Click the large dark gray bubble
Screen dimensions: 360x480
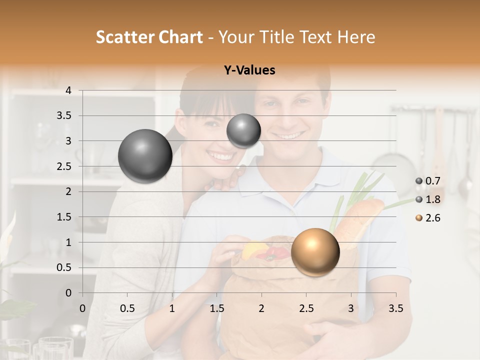pyautogui.click(x=145, y=156)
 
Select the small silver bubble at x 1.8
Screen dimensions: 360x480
pyautogui.click(x=243, y=130)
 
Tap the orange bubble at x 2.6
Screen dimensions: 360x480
pyautogui.click(x=315, y=252)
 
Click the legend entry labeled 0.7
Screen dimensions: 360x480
pyautogui.click(x=431, y=181)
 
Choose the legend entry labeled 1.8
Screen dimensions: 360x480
pyautogui.click(x=431, y=199)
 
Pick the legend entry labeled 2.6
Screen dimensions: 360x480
pyautogui.click(x=431, y=218)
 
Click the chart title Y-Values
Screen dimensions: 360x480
pyautogui.click(x=249, y=70)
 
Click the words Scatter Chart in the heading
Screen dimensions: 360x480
pyautogui.click(x=149, y=37)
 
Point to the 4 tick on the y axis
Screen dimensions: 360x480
pyautogui.click(x=68, y=90)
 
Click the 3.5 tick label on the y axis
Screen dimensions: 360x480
pyautogui.click(x=64, y=116)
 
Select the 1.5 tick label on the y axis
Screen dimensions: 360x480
pyautogui.click(x=64, y=217)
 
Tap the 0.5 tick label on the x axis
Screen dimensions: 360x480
pyautogui.click(x=127, y=308)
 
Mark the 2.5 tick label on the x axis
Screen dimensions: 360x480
pyautogui.click(x=306, y=308)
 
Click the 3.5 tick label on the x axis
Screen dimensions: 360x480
pyautogui.click(x=395, y=308)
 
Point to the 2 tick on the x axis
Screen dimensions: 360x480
pyautogui.click(x=261, y=308)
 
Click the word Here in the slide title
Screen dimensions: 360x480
pyautogui.click(x=356, y=37)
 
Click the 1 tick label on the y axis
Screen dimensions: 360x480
pyautogui.click(x=68, y=242)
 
